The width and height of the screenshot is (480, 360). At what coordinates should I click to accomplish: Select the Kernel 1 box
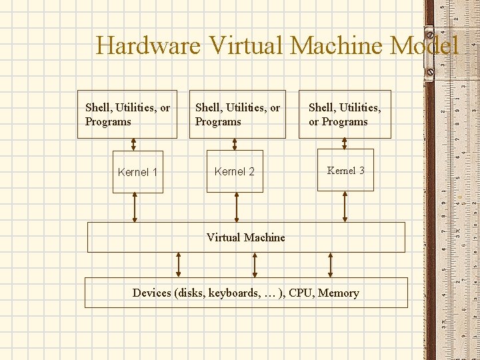click(x=137, y=172)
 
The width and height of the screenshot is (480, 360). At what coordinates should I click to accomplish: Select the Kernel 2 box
click(x=235, y=171)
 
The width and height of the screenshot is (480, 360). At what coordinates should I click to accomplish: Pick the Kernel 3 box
click(x=345, y=170)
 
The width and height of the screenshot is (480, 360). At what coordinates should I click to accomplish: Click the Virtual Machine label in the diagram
click(x=245, y=237)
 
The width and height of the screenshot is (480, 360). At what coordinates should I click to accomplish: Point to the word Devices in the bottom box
click(x=152, y=293)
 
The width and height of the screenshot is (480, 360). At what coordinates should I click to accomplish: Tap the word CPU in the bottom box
click(x=299, y=293)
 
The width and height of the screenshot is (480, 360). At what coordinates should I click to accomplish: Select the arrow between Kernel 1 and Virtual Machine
click(x=135, y=207)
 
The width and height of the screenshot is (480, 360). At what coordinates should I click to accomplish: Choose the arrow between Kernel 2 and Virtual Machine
click(x=235, y=207)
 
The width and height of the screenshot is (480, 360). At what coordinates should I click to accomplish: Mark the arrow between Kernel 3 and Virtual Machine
click(x=345, y=207)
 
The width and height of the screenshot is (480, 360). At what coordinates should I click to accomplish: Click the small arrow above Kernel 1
click(x=133, y=145)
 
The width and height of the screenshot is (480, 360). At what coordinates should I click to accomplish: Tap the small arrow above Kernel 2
click(x=235, y=145)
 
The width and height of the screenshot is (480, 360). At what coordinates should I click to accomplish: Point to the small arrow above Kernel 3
click(x=344, y=145)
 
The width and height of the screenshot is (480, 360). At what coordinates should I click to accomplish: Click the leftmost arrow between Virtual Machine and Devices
click(x=178, y=265)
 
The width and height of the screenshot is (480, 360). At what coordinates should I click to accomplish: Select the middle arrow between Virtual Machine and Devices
click(x=255, y=265)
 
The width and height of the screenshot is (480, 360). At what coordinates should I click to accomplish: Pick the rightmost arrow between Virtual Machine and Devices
click(x=330, y=265)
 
